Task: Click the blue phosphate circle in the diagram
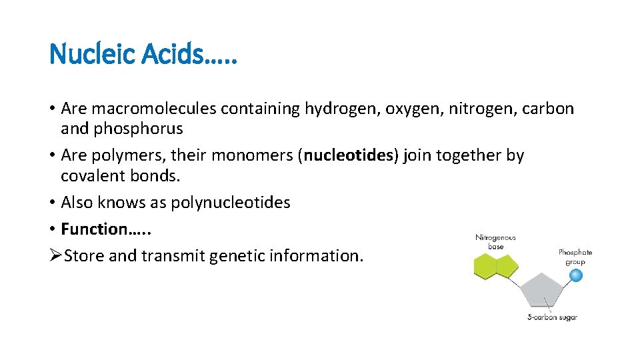click(x=575, y=275)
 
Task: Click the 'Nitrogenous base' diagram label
click(x=495, y=242)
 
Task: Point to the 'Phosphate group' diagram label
click(x=575, y=257)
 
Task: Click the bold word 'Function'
click(x=95, y=229)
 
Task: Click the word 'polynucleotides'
click(x=231, y=203)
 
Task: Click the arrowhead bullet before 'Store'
click(x=55, y=255)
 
